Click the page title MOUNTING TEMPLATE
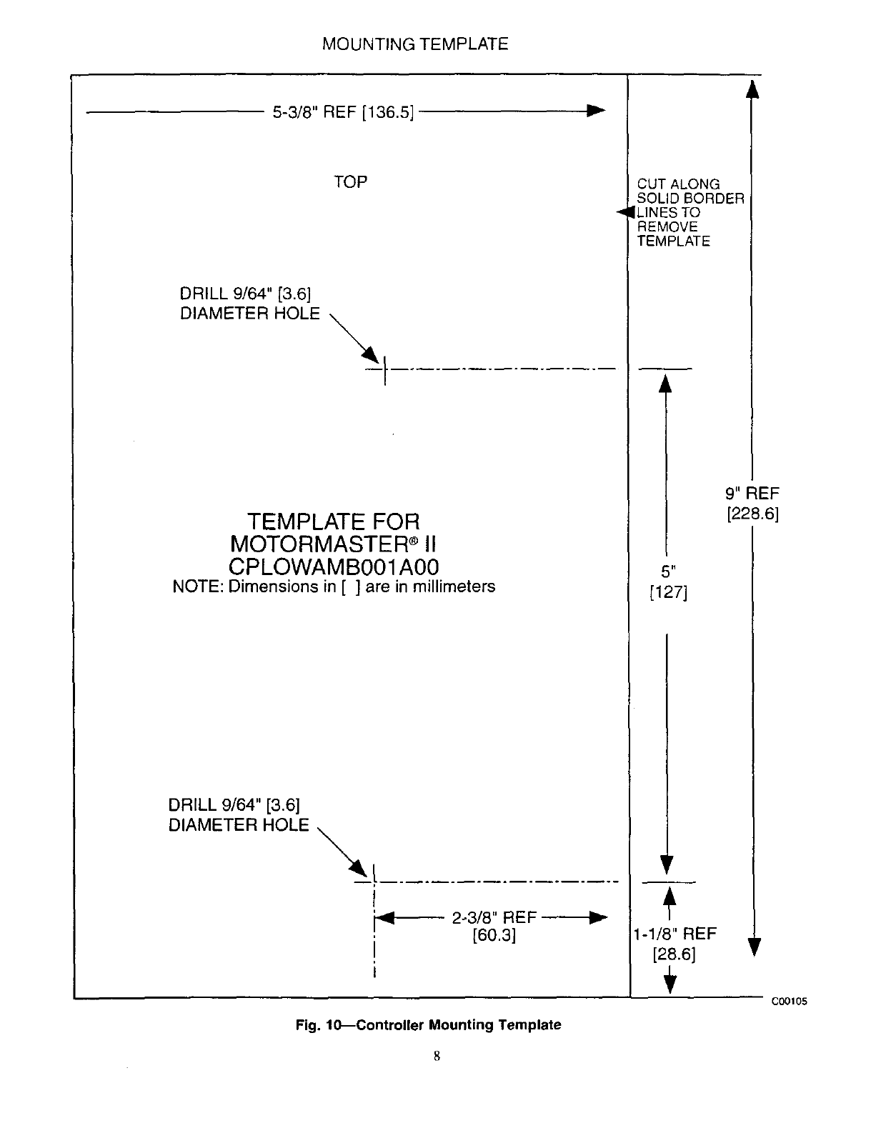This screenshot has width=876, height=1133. click(x=415, y=44)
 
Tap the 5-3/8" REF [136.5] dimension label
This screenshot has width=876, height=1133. click(x=344, y=112)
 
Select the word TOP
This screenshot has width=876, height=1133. click(x=350, y=182)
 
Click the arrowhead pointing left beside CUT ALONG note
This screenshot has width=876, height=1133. click(x=625, y=212)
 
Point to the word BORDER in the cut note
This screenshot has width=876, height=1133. click(x=713, y=199)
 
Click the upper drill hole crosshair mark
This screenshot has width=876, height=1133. click(x=385, y=370)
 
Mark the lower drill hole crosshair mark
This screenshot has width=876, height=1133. click(x=374, y=882)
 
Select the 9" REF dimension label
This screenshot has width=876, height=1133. click(x=752, y=493)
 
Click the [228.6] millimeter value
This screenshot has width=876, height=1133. click(x=752, y=514)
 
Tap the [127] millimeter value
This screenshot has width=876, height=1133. click(x=668, y=592)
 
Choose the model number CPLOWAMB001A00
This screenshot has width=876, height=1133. click(x=334, y=566)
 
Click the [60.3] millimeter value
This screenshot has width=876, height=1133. click(x=494, y=935)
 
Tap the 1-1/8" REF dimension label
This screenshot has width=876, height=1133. click(x=675, y=934)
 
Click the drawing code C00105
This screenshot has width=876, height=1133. click(x=788, y=1002)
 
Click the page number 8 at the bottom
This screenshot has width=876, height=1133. click(x=436, y=1056)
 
